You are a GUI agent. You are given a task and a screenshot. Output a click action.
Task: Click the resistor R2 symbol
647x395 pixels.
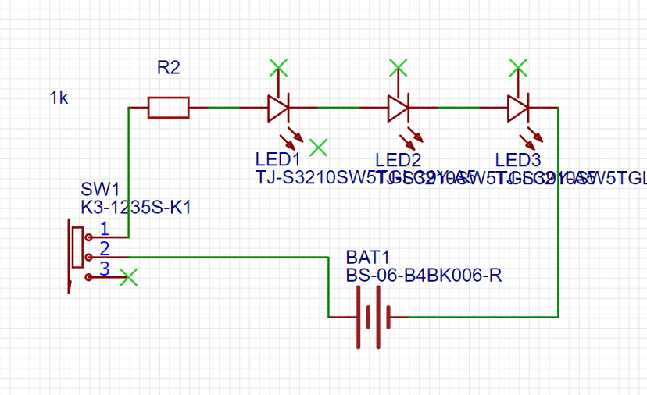(x=168, y=108)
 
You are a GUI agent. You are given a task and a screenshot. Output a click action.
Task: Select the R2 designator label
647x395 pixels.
(x=168, y=68)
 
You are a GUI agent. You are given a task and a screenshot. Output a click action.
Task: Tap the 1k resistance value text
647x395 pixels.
(x=59, y=98)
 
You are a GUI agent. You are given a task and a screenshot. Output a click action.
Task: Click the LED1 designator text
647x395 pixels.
(x=277, y=160)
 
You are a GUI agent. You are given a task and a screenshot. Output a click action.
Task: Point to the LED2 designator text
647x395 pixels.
(x=399, y=160)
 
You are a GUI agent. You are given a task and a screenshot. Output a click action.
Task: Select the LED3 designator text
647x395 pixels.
(x=518, y=160)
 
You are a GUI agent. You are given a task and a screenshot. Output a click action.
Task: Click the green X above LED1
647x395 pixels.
(x=277, y=67)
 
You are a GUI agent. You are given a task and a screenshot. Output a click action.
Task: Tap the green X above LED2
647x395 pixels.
(x=399, y=67)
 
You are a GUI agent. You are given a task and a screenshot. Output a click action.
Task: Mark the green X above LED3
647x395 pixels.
(x=517, y=67)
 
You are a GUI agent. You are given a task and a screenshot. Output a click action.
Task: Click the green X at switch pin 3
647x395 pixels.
(x=130, y=277)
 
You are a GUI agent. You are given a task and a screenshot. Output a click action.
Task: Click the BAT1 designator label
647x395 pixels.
(x=368, y=258)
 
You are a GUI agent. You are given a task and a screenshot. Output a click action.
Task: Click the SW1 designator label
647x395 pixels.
(x=100, y=190)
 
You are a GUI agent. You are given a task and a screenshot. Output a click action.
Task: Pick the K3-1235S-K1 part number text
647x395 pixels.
(x=136, y=208)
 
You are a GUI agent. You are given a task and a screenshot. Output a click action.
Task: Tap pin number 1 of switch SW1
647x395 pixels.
(x=104, y=230)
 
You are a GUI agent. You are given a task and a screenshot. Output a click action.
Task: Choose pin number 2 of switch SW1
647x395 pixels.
(x=104, y=249)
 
